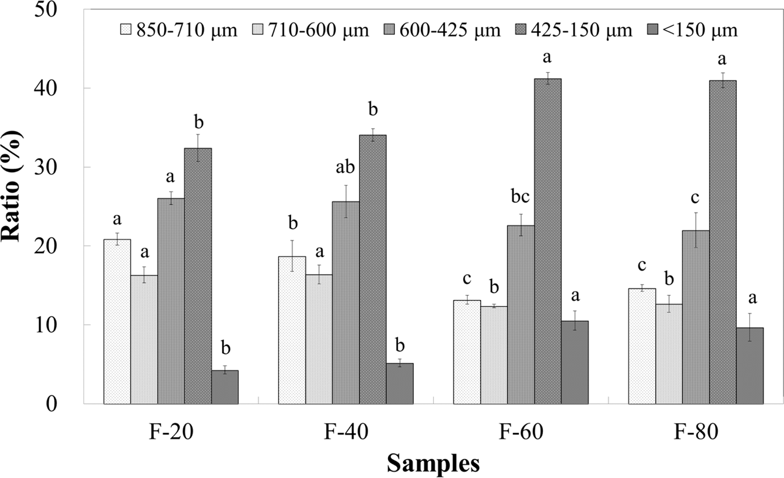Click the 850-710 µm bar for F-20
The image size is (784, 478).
point(117,322)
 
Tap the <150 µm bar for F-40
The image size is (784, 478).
point(399,384)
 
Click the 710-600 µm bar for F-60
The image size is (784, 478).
point(494,355)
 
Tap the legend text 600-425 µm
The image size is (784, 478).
point(449,30)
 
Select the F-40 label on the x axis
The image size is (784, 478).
point(346,432)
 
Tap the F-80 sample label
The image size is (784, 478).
point(696,432)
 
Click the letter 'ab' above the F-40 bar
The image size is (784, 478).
point(346,167)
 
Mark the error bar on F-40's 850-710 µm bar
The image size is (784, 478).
point(292,255)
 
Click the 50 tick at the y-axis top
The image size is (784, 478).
point(46,9)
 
